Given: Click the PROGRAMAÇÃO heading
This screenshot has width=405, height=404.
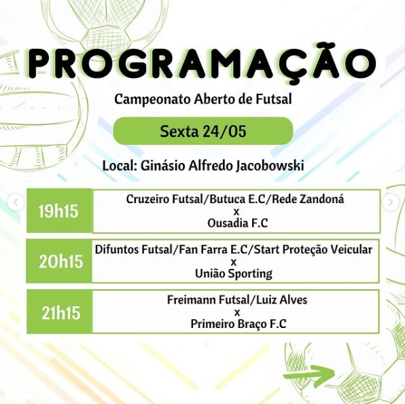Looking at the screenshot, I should point(202,63).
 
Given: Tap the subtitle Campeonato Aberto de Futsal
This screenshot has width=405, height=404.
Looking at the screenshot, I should point(202,100).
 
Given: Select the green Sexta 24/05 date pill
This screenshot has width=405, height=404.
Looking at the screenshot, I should point(202,131).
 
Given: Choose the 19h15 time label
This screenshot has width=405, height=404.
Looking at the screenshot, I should point(58,211).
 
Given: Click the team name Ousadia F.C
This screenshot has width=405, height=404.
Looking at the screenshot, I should point(236,222).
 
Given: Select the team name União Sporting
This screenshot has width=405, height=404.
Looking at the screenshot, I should point(233,274).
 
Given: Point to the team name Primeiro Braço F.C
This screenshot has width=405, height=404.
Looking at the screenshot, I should point(239,324).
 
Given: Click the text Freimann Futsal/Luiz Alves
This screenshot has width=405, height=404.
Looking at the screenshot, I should point(236,299).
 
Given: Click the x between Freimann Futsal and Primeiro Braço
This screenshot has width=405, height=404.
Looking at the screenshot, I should point(236,312).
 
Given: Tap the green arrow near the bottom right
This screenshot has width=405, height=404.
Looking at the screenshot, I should point(309,375).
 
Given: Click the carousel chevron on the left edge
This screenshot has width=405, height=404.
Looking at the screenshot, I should point(16,202).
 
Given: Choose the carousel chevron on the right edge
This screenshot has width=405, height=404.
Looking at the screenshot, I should point(391,202).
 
